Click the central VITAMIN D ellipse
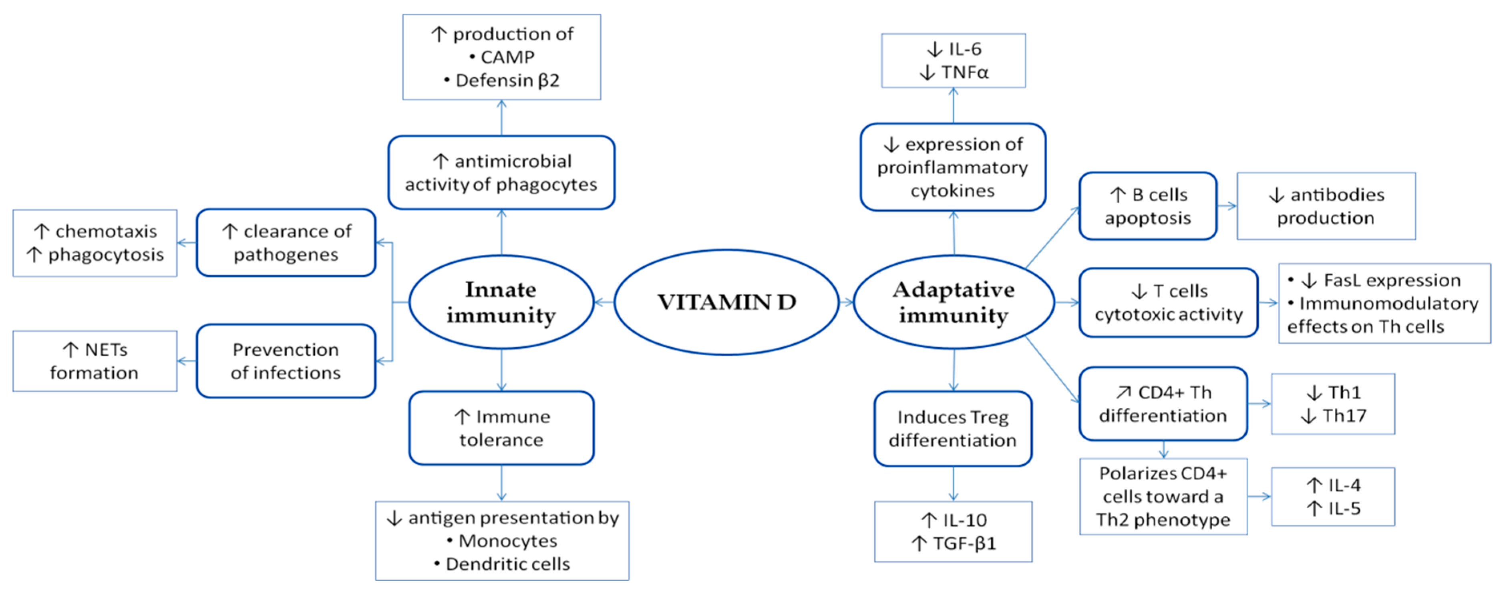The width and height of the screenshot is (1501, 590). tap(726, 302)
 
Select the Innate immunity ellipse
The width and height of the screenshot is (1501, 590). tap(501, 302)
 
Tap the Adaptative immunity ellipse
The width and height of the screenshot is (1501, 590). tap(953, 302)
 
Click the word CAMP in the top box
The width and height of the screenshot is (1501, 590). tap(507, 57)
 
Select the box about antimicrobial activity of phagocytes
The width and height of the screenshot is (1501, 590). tap(501, 173)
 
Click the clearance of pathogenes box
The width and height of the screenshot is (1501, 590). tap(286, 243)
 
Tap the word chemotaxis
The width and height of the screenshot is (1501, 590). tap(106, 232)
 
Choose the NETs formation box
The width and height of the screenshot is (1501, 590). tap(95, 361)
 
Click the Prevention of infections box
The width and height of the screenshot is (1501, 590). tap(286, 361)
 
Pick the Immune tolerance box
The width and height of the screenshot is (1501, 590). tap(501, 428)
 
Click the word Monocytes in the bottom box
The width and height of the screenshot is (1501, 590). tap(507, 541)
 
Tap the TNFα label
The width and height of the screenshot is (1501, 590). tap(964, 72)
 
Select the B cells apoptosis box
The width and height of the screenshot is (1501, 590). tap(1147, 206)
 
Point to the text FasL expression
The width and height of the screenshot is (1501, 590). tap(1391, 280)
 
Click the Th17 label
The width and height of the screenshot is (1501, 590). tap(1344, 416)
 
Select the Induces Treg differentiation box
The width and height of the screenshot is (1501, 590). tap(953, 429)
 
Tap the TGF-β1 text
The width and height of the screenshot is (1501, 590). tap(964, 544)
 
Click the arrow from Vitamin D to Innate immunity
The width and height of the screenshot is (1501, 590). tap(604, 302)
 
